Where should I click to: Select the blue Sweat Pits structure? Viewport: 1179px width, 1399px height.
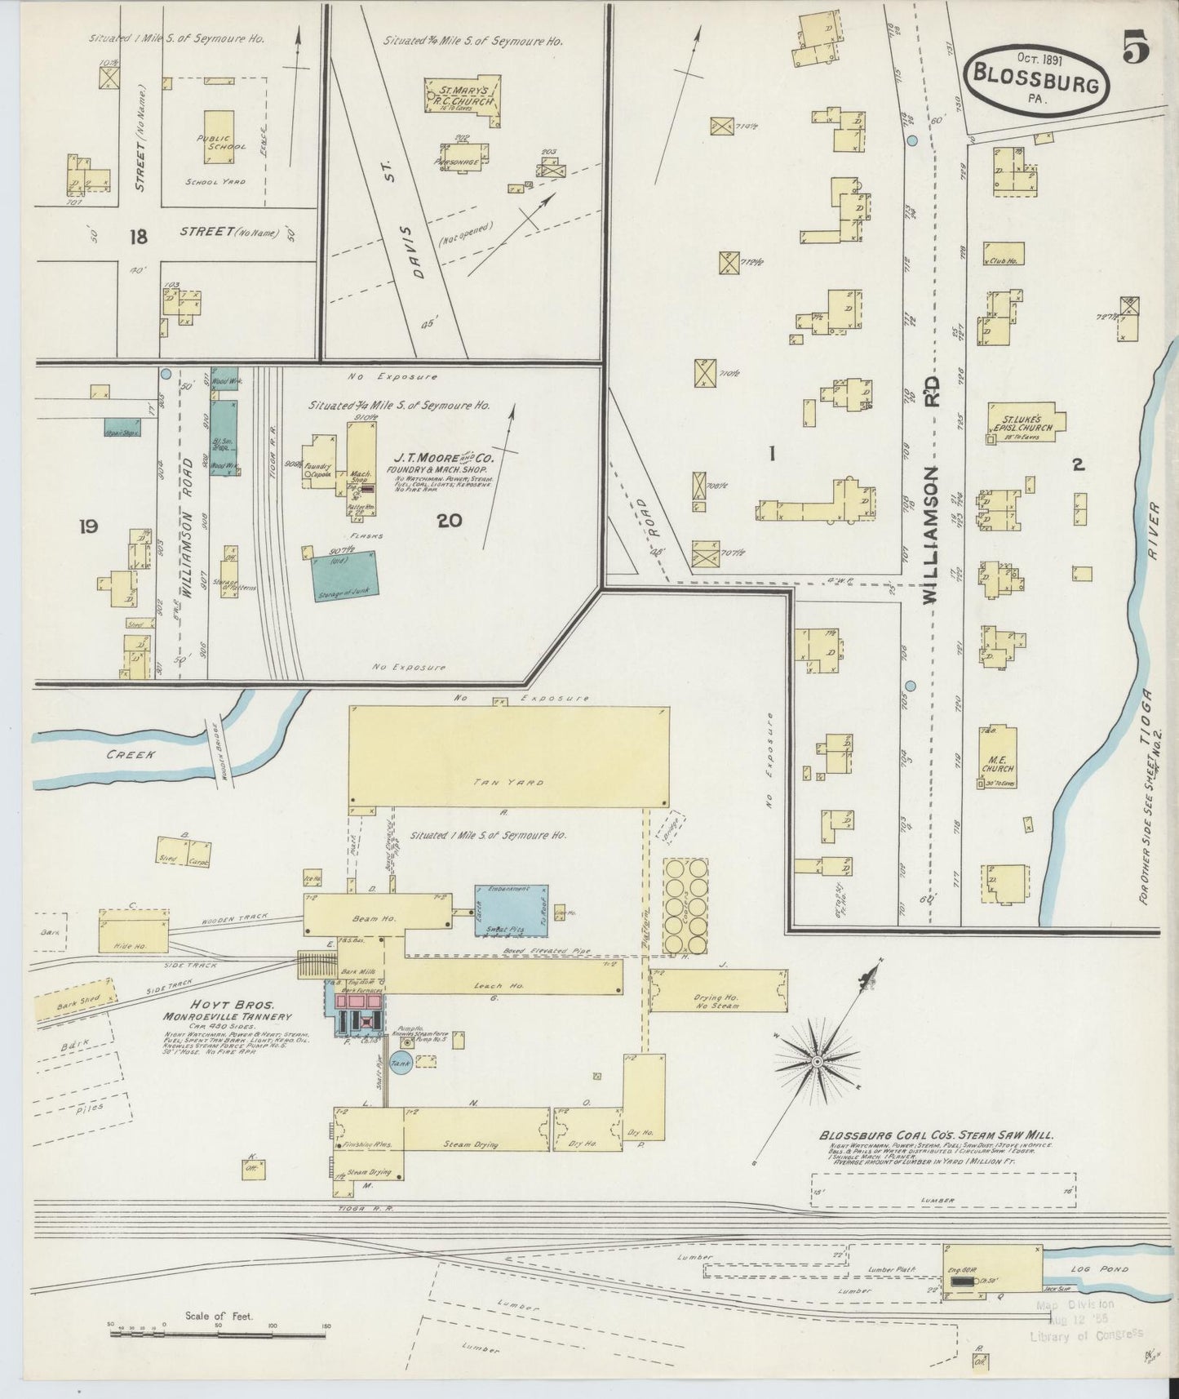tap(512, 910)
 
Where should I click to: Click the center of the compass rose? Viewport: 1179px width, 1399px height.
tap(816, 1061)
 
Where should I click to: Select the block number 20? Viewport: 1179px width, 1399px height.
tap(450, 521)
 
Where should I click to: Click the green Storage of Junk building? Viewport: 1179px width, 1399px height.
tap(344, 577)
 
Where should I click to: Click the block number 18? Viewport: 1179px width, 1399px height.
tap(138, 238)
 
